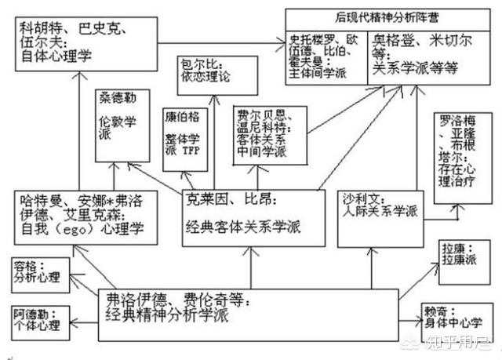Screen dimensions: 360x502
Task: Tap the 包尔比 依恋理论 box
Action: [x=206, y=71]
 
